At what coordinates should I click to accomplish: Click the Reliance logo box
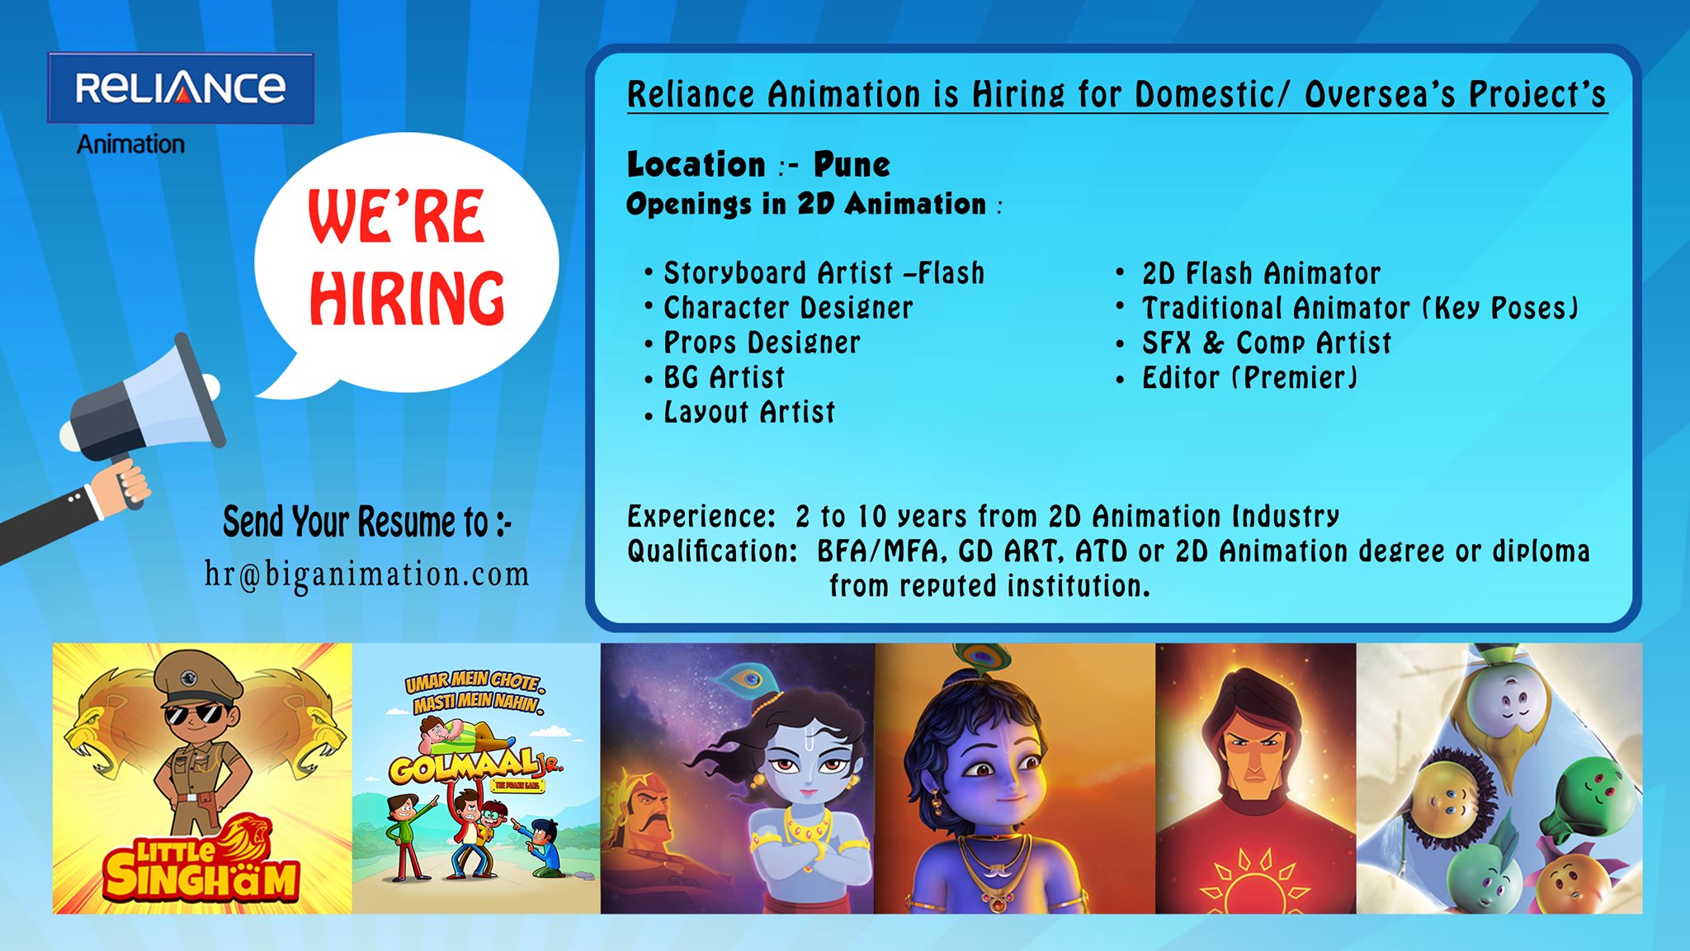point(181,88)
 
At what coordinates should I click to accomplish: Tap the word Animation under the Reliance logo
point(130,144)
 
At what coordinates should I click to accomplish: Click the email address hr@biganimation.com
point(367,575)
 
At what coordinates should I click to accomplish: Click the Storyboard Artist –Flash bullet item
point(824,273)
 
